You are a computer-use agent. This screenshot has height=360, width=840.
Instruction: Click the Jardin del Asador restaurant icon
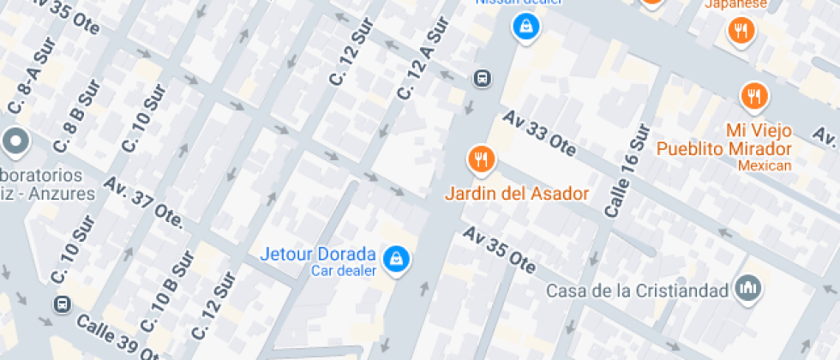tap(481, 159)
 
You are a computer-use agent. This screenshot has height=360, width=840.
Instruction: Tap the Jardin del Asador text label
tap(517, 193)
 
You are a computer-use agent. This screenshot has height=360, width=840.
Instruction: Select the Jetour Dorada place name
tap(317, 255)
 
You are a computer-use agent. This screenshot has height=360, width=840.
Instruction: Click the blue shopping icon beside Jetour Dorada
tap(395, 258)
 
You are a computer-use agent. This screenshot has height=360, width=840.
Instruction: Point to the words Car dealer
tap(343, 271)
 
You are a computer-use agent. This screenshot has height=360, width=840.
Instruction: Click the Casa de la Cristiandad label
tap(639, 291)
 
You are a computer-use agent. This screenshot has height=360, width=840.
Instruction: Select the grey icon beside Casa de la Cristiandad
tap(748, 289)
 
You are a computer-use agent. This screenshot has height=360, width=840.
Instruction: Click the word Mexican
tap(765, 165)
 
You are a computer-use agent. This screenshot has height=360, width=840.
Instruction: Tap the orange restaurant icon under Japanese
tap(740, 33)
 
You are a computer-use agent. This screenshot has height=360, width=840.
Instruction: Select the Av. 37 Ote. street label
tap(143, 202)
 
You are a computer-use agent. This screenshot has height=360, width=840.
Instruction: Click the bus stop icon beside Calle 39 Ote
tap(63, 304)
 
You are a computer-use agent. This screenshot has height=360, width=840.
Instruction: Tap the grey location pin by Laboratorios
tap(15, 141)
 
